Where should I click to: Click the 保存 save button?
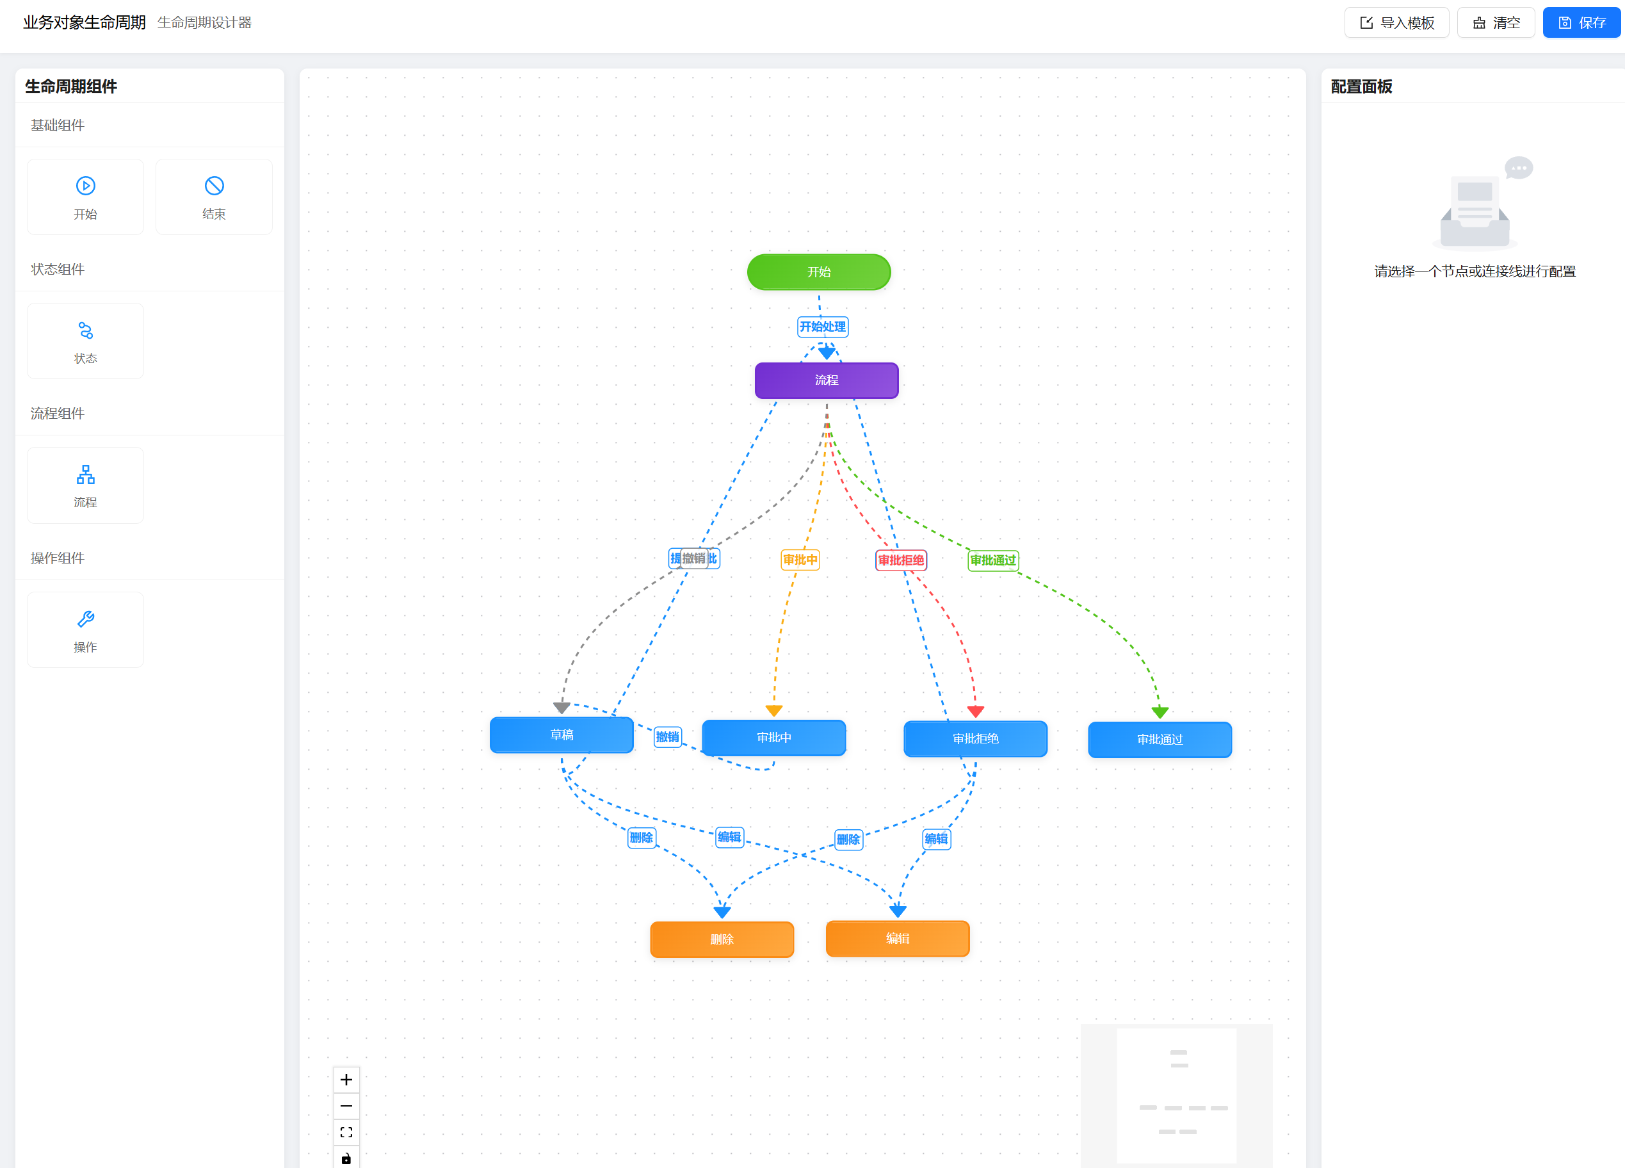pyautogui.click(x=1581, y=23)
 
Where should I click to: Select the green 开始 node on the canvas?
pyautogui.click(x=818, y=272)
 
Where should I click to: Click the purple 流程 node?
pyautogui.click(x=826, y=380)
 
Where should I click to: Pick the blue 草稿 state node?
pyautogui.click(x=561, y=735)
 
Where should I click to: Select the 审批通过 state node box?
pyautogui.click(x=1160, y=740)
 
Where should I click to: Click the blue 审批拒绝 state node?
pyautogui.click(x=975, y=739)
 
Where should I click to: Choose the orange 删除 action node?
pyautogui.click(x=722, y=939)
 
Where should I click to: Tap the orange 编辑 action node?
pyautogui.click(x=897, y=939)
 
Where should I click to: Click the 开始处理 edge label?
pyautogui.click(x=823, y=327)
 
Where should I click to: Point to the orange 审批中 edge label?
pyautogui.click(x=800, y=560)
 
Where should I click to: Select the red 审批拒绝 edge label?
pyautogui.click(x=901, y=560)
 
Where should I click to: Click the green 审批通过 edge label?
pyautogui.click(x=993, y=560)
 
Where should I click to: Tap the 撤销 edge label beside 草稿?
pyautogui.click(x=667, y=736)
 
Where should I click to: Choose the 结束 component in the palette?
pyautogui.click(x=213, y=197)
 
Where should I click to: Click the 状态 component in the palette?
pyautogui.click(x=85, y=341)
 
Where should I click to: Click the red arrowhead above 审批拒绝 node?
pyautogui.click(x=975, y=711)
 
